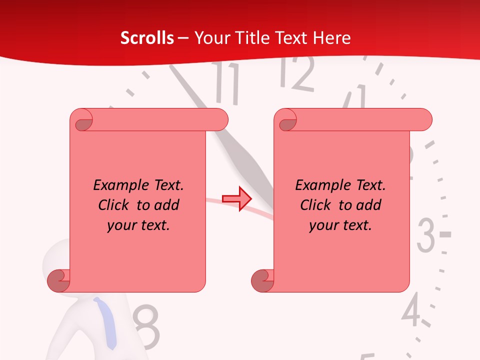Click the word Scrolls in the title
tap(147, 38)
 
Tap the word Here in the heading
tap(332, 38)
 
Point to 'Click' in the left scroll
tap(114, 205)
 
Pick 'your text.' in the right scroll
tap(340, 225)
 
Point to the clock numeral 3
tap(426, 234)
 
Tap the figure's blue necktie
tap(106, 322)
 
